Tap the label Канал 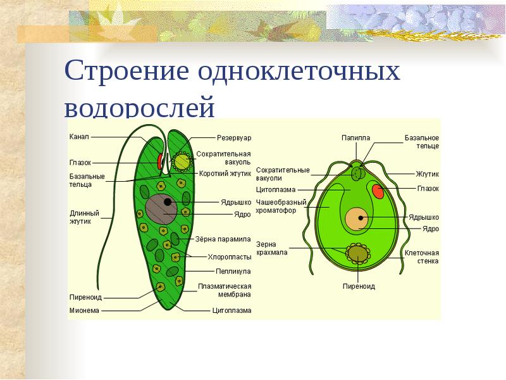(79, 136)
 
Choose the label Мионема (83, 310)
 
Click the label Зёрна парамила (225, 239)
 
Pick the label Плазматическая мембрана (225, 290)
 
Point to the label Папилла (355, 137)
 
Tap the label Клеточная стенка (422, 256)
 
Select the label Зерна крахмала (272, 248)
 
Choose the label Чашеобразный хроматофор (281, 206)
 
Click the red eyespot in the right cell (378, 191)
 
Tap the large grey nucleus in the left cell (162, 208)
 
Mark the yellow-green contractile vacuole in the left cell (183, 162)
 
